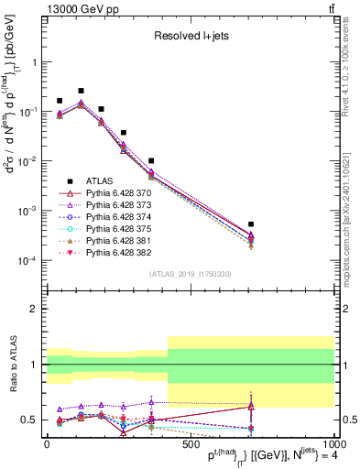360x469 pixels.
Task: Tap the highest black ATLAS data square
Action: click(82, 92)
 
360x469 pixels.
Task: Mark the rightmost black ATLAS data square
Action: click(250, 224)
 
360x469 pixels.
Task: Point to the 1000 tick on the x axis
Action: click(333, 444)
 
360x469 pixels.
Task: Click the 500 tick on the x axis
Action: click(190, 444)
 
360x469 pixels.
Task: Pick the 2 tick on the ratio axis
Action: click(37, 309)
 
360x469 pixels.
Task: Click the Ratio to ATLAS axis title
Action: click(12, 365)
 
